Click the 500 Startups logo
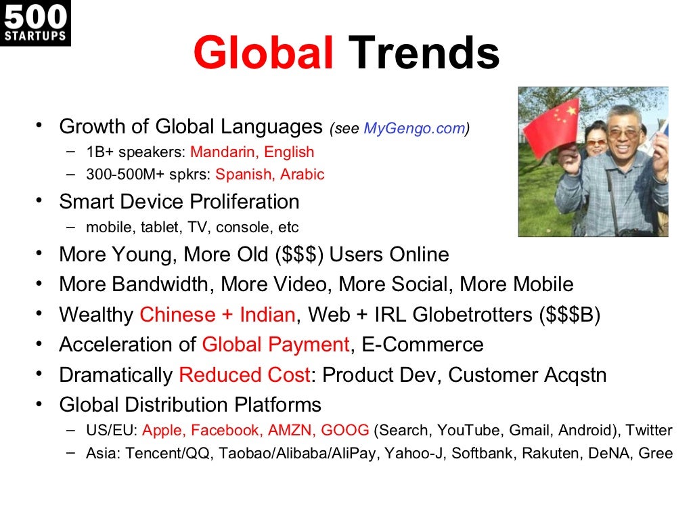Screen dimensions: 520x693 pos(35,23)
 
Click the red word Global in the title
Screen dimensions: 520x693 pos(263,54)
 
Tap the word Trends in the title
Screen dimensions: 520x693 pos(424,54)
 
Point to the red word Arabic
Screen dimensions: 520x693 pos(303,175)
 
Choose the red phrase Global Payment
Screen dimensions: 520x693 pos(275,345)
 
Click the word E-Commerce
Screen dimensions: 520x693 pos(422,345)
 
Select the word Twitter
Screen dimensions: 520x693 pos(648,430)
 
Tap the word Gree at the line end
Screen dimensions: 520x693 pos(655,453)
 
